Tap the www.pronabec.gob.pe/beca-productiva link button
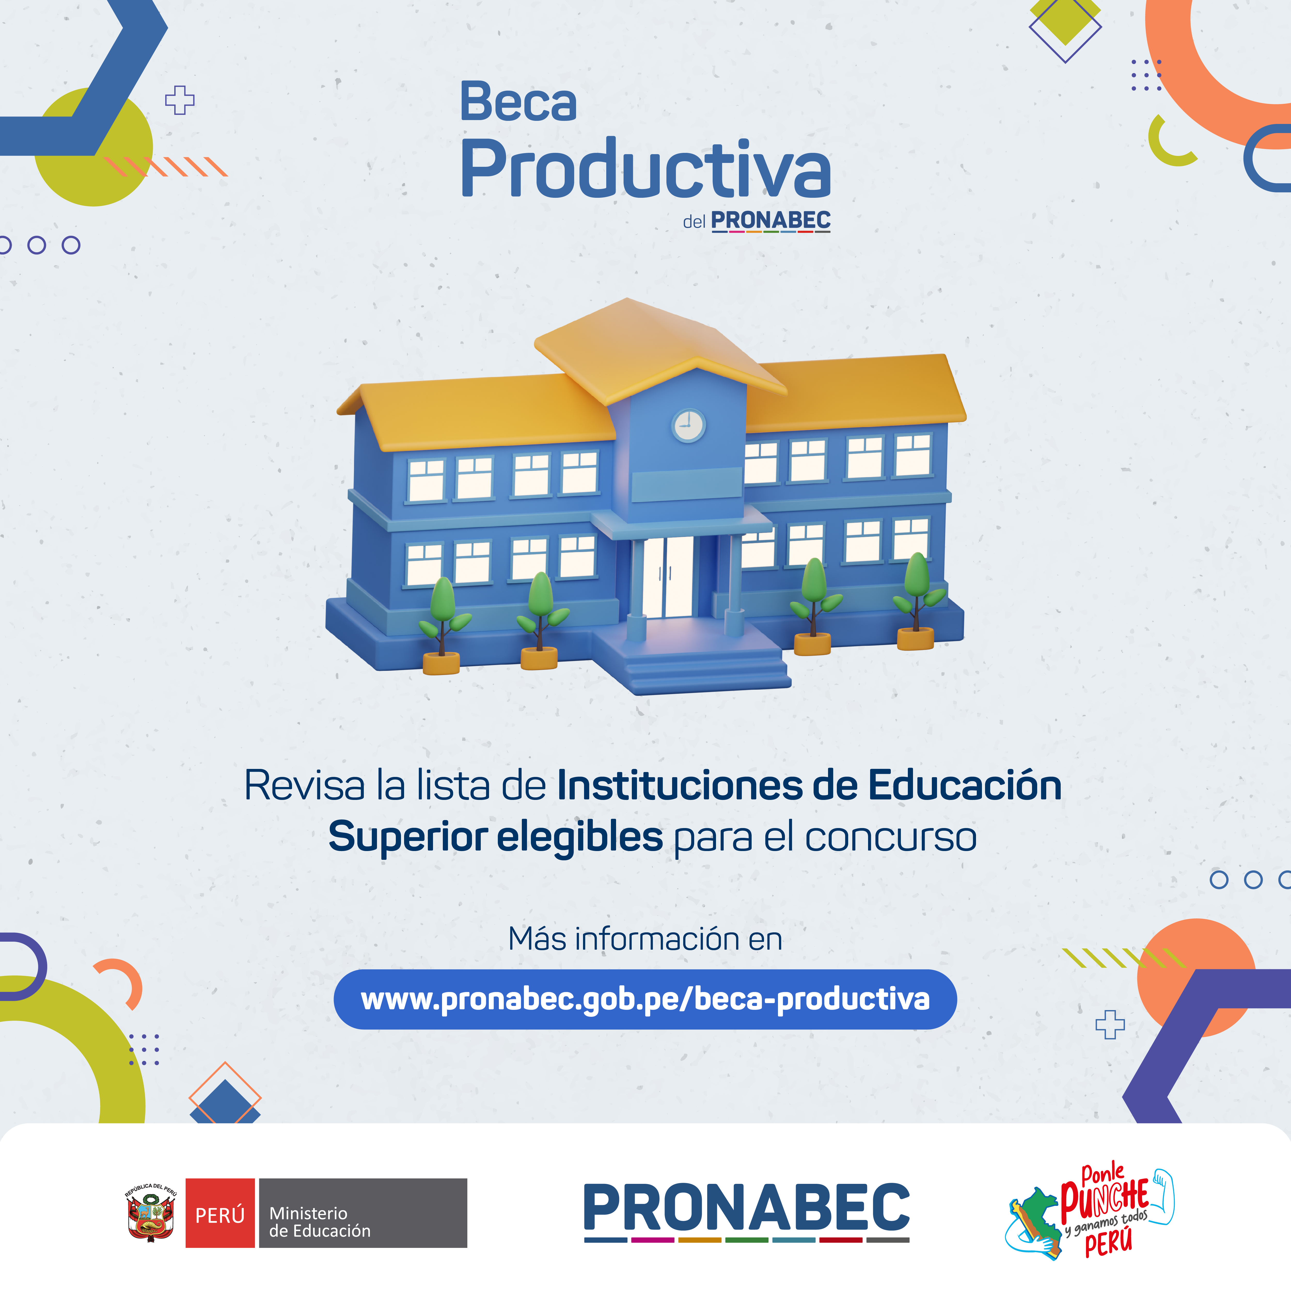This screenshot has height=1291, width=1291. (645, 999)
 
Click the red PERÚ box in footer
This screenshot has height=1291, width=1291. (220, 1213)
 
